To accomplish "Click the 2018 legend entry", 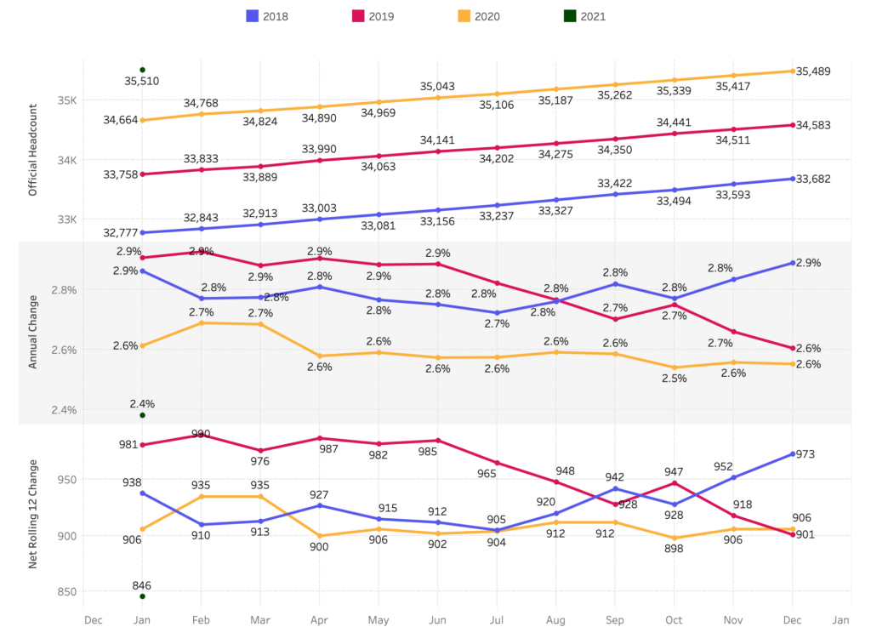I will click(x=267, y=16).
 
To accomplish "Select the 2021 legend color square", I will click(x=570, y=16).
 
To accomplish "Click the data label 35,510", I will click(x=141, y=82).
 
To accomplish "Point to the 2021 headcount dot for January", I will click(x=143, y=70).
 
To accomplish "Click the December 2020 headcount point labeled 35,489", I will click(x=793, y=71).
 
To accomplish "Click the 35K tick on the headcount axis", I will click(x=67, y=100).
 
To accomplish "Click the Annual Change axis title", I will click(x=34, y=333).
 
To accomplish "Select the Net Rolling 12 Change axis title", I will click(x=34, y=514).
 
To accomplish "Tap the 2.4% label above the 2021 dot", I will click(x=142, y=403).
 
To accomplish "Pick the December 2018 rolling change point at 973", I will click(x=793, y=454).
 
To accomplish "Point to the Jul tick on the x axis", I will click(x=497, y=620).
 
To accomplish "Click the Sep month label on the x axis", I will click(x=615, y=620).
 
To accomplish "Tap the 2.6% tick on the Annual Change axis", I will click(x=65, y=350).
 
